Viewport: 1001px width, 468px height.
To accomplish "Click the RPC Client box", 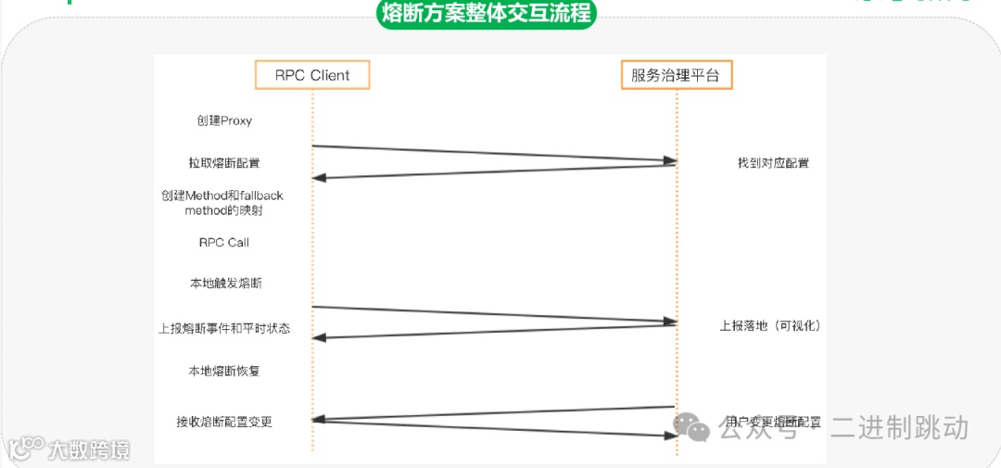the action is [312, 75].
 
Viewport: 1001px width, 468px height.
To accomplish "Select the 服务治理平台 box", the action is [676, 75].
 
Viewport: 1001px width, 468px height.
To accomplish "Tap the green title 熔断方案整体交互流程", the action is [487, 14].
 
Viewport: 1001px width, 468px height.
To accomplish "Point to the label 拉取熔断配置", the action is [224, 163].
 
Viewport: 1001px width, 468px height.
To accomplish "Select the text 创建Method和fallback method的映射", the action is [222, 203].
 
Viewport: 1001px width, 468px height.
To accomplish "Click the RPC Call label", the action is [224, 243].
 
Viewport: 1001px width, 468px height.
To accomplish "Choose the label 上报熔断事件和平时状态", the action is [224, 329].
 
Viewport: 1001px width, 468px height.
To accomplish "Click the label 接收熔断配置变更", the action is [224, 422].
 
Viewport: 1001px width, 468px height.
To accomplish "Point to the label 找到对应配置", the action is [773, 163].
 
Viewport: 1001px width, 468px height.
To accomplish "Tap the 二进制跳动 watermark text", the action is [899, 427].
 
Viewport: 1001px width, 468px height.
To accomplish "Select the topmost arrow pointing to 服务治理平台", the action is [494, 154].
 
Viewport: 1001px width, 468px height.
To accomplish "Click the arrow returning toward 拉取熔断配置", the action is [494, 171].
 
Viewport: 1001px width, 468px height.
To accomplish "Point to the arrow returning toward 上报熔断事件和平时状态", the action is [494, 331].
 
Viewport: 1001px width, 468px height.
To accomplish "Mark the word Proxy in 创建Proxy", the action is [236, 120].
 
